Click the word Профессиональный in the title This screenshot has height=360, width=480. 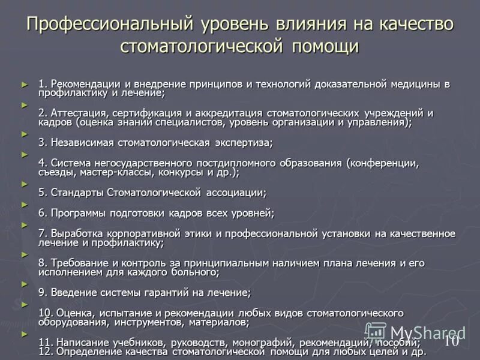[109, 25]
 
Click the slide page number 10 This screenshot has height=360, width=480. [451, 341]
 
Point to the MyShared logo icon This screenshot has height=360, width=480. [376, 332]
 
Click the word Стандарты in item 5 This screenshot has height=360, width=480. [77, 193]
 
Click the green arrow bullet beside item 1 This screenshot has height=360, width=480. [25, 83]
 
